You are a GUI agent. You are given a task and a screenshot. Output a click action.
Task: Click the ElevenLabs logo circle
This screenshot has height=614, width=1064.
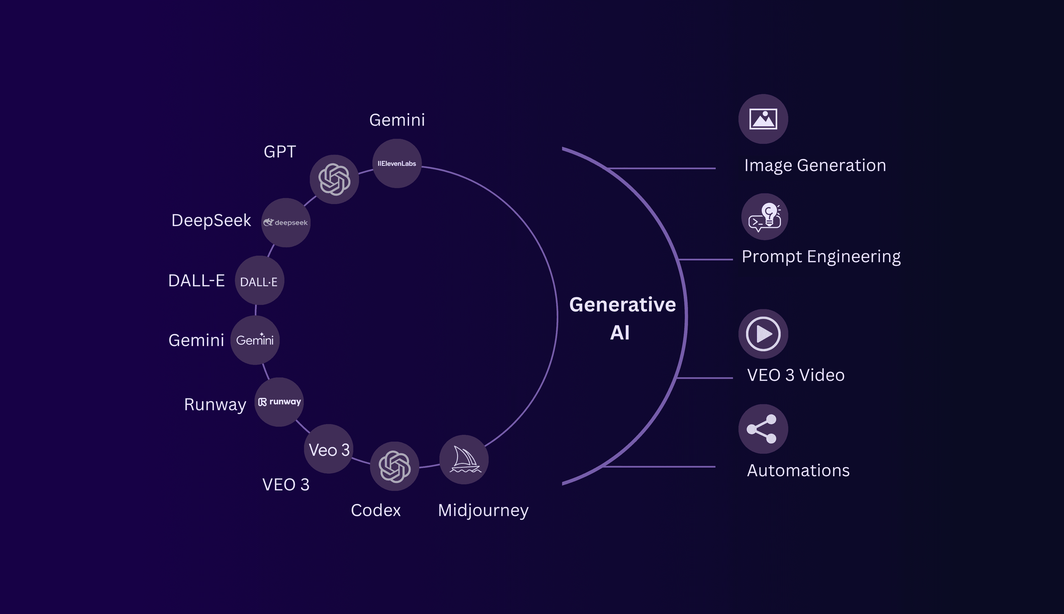397,164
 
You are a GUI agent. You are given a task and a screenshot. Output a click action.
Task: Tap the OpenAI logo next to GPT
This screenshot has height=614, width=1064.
334,179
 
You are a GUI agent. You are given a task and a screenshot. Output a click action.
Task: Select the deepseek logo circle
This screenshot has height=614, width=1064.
286,223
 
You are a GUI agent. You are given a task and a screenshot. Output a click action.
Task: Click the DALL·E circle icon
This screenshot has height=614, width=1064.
259,281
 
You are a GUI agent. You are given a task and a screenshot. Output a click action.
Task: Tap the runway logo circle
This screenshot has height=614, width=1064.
279,402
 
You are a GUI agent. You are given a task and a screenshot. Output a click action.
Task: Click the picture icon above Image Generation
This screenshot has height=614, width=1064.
763,119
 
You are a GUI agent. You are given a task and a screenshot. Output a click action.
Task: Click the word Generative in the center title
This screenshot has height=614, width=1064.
622,304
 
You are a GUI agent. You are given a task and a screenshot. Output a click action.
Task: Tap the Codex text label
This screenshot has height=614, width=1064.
376,510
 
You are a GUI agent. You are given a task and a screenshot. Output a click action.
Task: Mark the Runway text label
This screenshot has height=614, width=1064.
215,404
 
